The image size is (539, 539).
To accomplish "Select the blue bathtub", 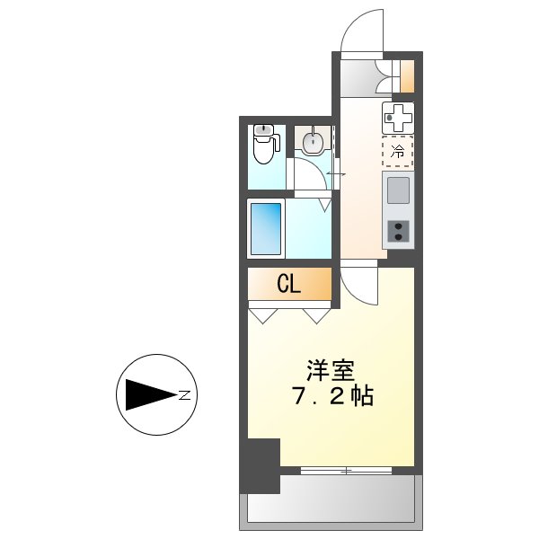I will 266,229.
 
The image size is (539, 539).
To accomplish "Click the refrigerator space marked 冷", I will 398,151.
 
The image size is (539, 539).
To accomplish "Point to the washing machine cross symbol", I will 398,116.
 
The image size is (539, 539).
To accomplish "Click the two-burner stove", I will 398,233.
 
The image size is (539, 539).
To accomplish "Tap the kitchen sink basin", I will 398,190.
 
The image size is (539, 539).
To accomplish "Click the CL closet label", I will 288,285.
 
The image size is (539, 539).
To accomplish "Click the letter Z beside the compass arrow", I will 183,394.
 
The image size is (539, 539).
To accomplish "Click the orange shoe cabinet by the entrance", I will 406,76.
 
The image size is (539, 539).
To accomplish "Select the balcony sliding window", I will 345,470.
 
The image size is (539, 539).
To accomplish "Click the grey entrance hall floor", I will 359,76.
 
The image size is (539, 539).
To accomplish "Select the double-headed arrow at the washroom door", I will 336,173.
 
